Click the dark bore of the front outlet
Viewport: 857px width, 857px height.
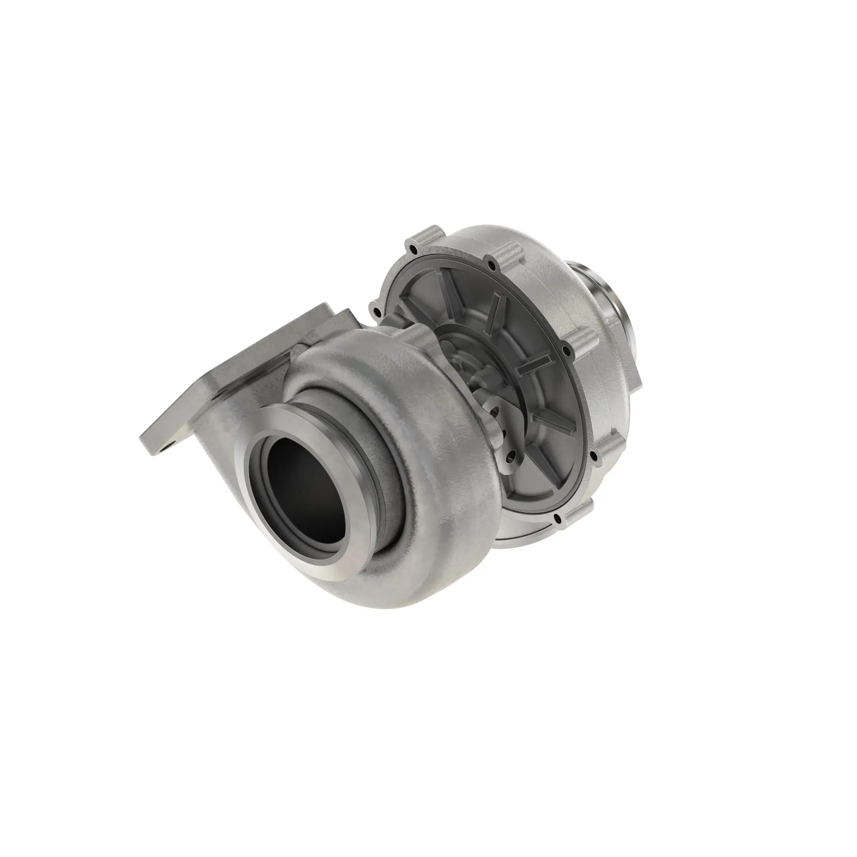306,481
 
